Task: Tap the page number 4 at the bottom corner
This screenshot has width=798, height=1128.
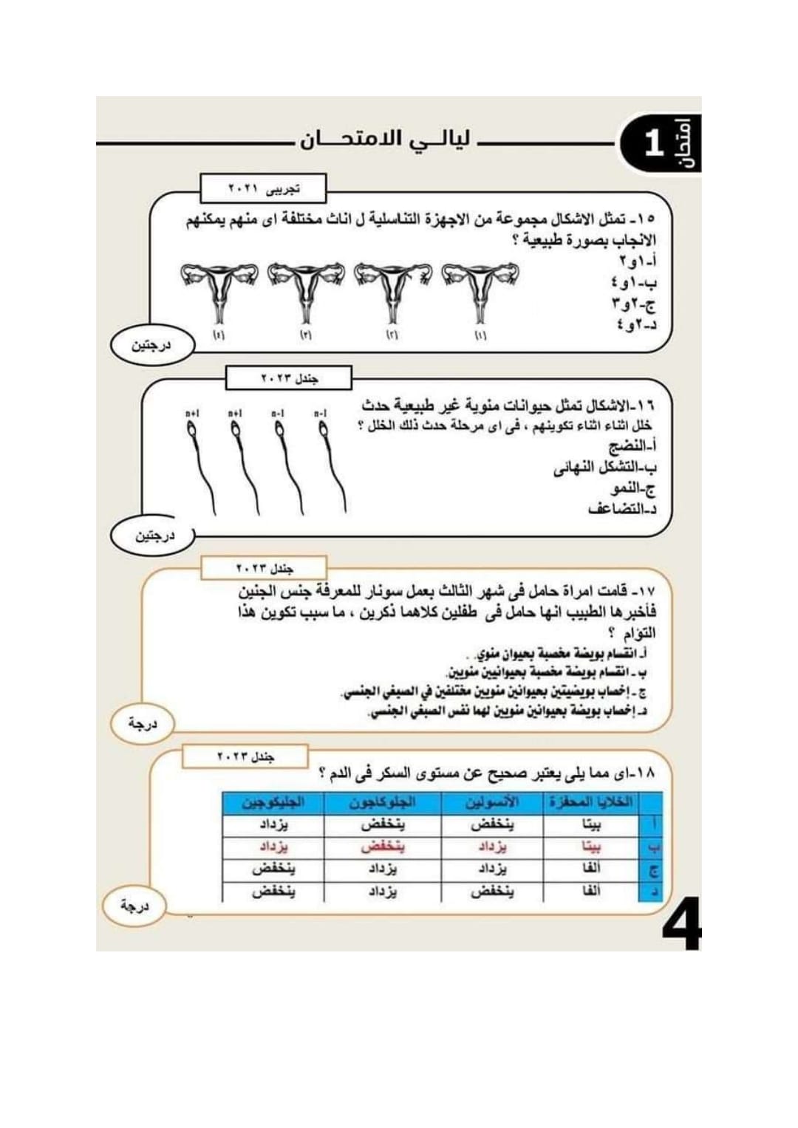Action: [x=681, y=923]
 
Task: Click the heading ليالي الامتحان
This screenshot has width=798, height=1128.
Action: [x=385, y=140]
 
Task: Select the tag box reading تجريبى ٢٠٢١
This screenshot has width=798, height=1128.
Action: [x=263, y=189]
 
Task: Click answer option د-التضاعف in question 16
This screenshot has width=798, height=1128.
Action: [x=622, y=509]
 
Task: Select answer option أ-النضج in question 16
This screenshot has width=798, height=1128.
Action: [x=632, y=447]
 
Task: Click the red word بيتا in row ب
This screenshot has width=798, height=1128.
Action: [x=591, y=847]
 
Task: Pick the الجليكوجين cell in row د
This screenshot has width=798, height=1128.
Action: [x=273, y=892]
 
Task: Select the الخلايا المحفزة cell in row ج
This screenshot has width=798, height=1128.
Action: [x=591, y=869]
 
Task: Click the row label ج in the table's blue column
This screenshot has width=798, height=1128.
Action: [x=652, y=869]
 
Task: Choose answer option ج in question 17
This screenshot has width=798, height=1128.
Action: [x=495, y=693]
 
